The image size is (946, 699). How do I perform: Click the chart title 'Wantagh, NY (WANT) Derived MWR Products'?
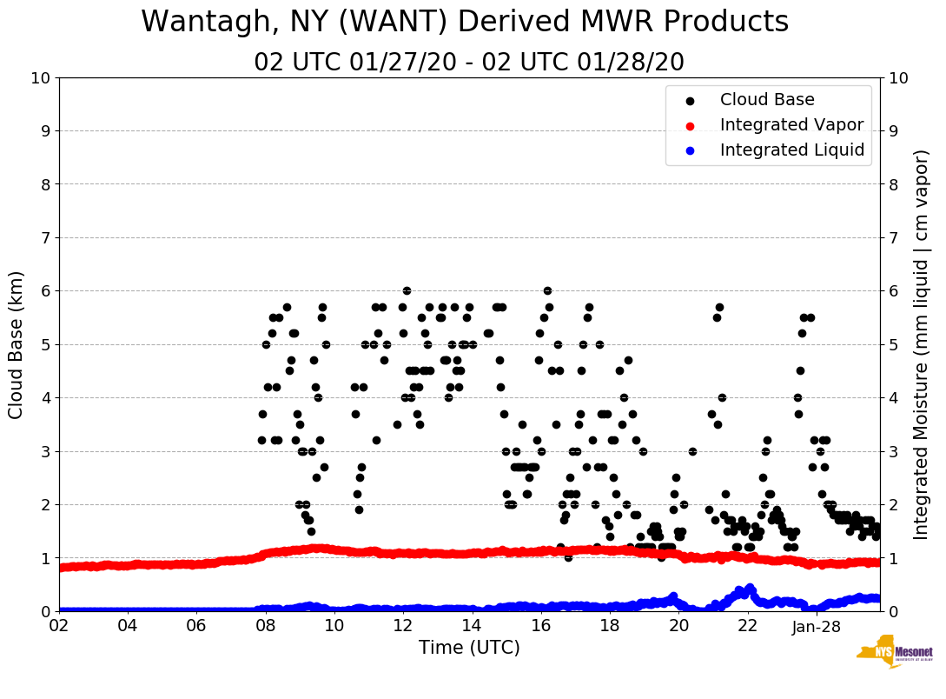(465, 22)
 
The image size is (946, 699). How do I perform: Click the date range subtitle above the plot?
(469, 63)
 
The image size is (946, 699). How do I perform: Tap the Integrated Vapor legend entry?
(791, 125)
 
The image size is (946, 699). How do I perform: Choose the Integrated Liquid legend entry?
(792, 150)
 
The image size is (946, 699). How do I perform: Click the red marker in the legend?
(691, 125)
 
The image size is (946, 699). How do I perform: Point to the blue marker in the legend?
(691, 150)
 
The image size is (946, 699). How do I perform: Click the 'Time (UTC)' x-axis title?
(469, 648)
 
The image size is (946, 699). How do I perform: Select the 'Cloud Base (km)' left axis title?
(17, 344)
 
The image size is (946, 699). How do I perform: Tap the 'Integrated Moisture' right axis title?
(922, 344)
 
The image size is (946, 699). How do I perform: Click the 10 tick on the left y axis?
(40, 78)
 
